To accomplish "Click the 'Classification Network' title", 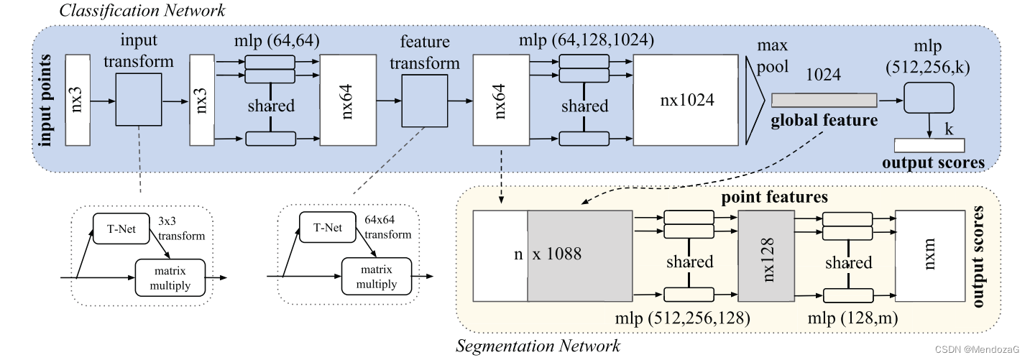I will point(142,10).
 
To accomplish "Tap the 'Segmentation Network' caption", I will point(538,346).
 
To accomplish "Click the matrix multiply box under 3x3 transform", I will point(170,277).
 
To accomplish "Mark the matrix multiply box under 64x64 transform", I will point(377,277).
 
